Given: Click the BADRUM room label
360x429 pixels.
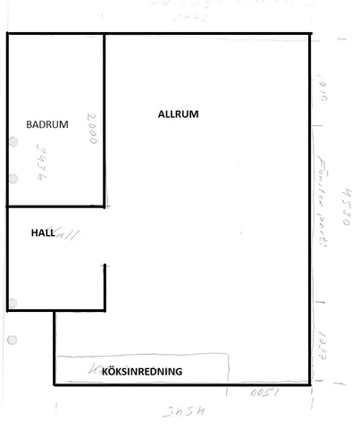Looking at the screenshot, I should coord(47,125).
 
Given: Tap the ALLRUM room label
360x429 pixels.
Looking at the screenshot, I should coord(178,114).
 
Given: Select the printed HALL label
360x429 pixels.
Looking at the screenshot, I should coord(43,232).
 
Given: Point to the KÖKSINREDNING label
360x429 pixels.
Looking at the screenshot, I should coord(143,371).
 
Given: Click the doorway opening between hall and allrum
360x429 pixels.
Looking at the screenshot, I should coord(105,236).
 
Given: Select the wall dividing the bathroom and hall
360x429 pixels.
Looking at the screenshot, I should coord(55,207).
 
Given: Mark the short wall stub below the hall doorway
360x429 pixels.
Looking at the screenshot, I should coord(106,287).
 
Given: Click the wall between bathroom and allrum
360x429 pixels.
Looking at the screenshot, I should coord(105,121).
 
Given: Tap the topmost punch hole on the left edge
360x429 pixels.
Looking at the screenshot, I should coord(13,141).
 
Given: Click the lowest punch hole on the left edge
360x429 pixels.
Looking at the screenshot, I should coord(13,341).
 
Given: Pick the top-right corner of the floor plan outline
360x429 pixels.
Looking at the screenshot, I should coord(311,35).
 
